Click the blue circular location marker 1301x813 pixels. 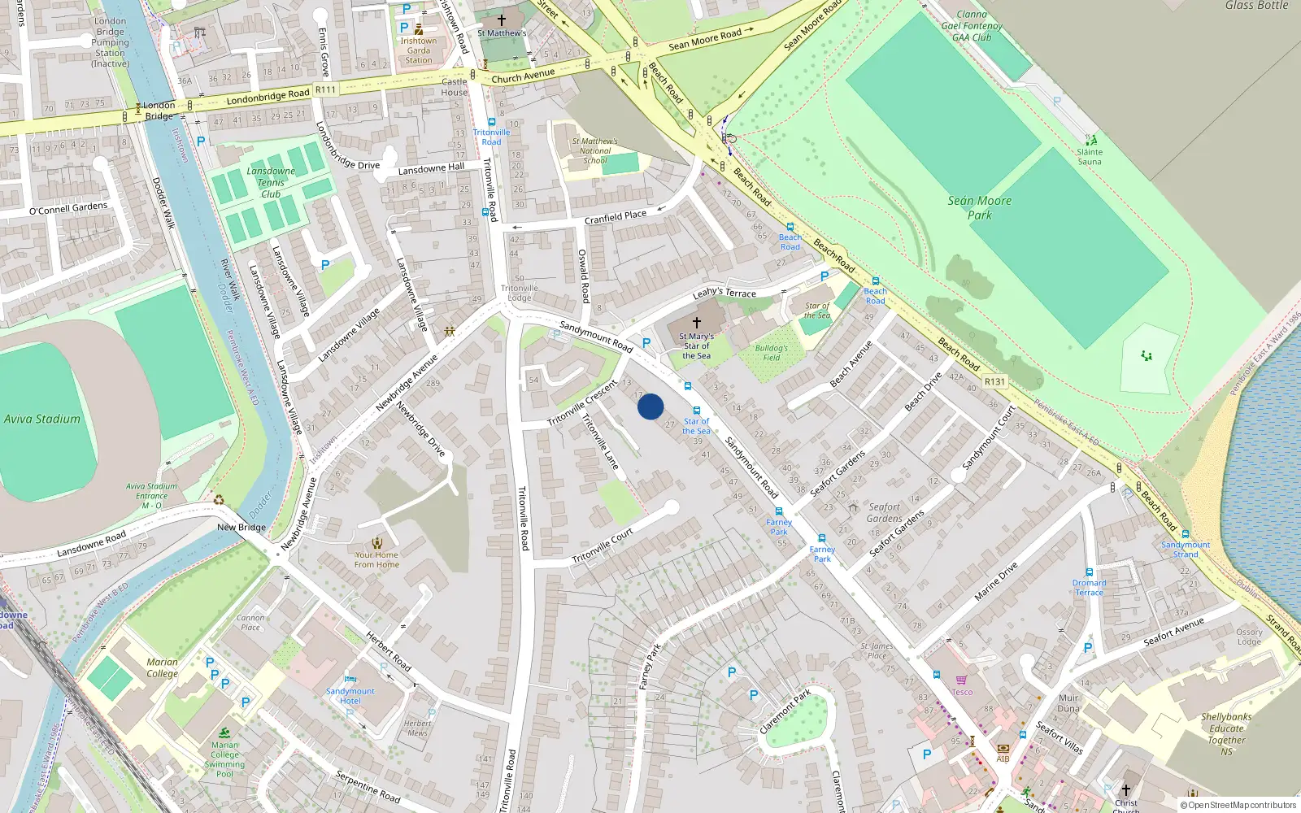pyautogui.click(x=650, y=406)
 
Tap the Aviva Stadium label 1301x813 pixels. pyautogui.click(x=42, y=420)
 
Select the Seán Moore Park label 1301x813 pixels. pyautogui.click(x=980, y=208)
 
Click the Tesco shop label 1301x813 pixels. pyautogui.click(x=962, y=692)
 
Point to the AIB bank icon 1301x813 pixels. pyautogui.click(x=1003, y=748)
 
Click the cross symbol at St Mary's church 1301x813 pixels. pyautogui.click(x=697, y=323)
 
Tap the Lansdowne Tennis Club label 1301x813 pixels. pyautogui.click(x=271, y=183)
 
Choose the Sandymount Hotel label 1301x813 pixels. pyautogui.click(x=350, y=696)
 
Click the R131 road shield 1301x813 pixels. pyautogui.click(x=994, y=381)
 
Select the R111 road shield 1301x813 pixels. pyautogui.click(x=325, y=89)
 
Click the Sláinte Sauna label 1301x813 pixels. pyautogui.click(x=1090, y=157)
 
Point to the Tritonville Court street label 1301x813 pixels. pyautogui.click(x=603, y=546)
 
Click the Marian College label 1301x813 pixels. pyautogui.click(x=162, y=667)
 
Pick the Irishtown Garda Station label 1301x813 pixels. pyautogui.click(x=419, y=50)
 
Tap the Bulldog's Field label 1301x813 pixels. pyautogui.click(x=771, y=353)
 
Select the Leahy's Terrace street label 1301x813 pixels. pyautogui.click(x=724, y=293)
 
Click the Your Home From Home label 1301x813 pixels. pyautogui.click(x=376, y=559)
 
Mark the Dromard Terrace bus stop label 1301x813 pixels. pyautogui.click(x=1089, y=588)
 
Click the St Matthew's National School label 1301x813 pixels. pyautogui.click(x=594, y=150)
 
